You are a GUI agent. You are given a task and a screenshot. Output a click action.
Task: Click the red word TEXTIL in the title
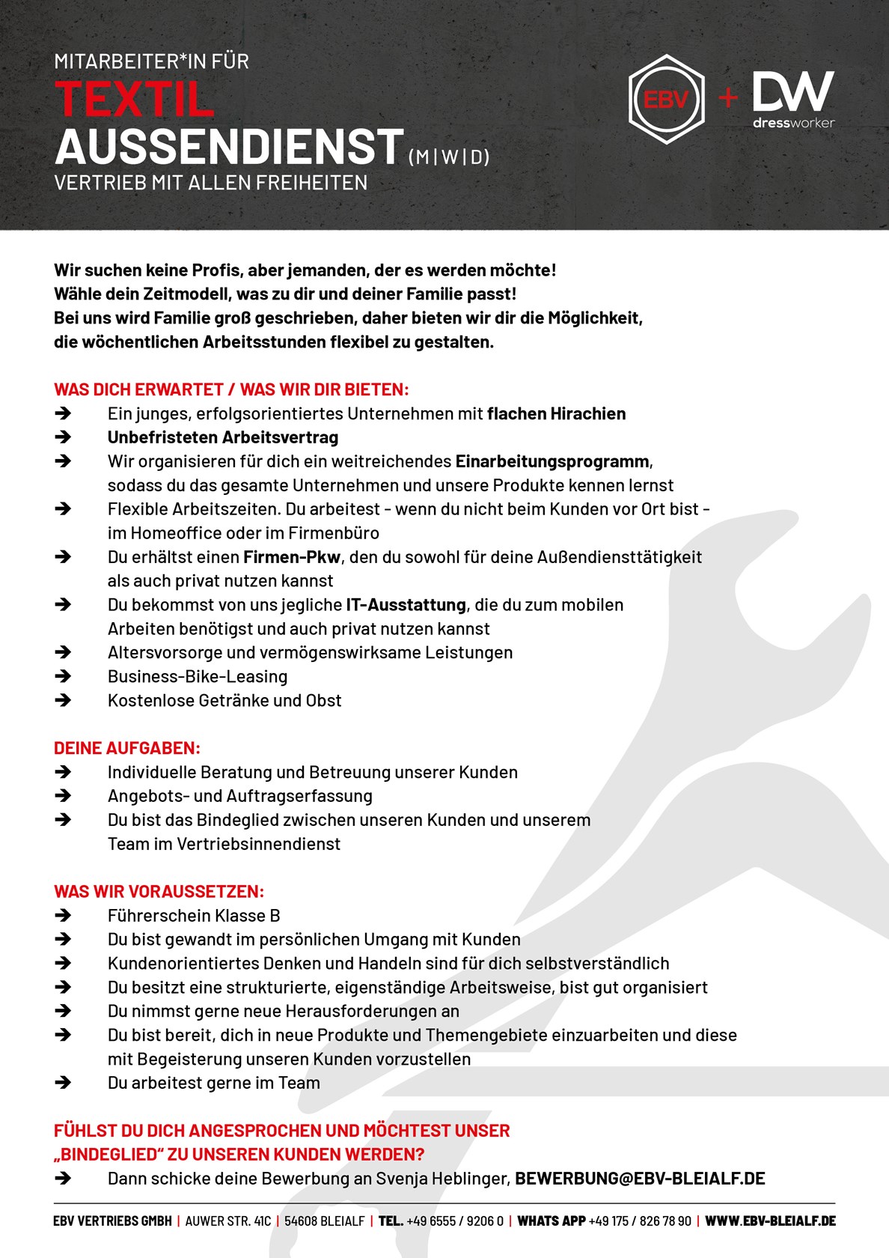point(135,100)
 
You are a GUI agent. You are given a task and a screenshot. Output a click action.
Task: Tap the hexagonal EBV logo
point(666,99)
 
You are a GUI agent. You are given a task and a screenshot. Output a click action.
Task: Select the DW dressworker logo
point(793,99)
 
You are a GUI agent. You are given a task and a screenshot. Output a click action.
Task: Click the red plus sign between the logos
point(727,98)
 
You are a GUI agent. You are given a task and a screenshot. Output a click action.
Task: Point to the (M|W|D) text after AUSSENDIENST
point(449,157)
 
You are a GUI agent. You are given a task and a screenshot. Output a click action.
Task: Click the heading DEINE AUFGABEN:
point(127,748)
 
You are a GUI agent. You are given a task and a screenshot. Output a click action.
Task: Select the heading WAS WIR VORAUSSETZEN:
point(159,892)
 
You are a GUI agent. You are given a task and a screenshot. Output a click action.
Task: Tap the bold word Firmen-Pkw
point(292,557)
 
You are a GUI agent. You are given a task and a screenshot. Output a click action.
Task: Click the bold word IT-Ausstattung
point(406,605)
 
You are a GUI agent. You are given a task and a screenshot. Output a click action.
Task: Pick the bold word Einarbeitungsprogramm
point(552,461)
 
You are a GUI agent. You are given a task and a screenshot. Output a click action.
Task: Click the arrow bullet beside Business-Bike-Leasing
point(64,677)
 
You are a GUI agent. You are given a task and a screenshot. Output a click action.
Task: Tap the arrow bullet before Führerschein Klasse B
point(64,916)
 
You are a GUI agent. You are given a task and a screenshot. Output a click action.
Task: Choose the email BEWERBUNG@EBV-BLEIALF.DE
point(640,1179)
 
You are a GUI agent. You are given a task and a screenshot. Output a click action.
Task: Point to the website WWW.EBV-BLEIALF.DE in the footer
point(770,1221)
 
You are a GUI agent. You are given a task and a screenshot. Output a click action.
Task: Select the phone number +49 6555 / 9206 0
point(455,1221)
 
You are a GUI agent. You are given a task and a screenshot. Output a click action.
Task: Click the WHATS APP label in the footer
point(551,1221)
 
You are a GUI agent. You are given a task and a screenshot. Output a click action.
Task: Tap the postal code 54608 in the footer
point(302,1221)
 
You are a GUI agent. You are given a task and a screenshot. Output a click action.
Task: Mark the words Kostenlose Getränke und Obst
point(224,701)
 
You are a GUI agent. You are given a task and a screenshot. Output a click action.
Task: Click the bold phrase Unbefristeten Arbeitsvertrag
point(223,437)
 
